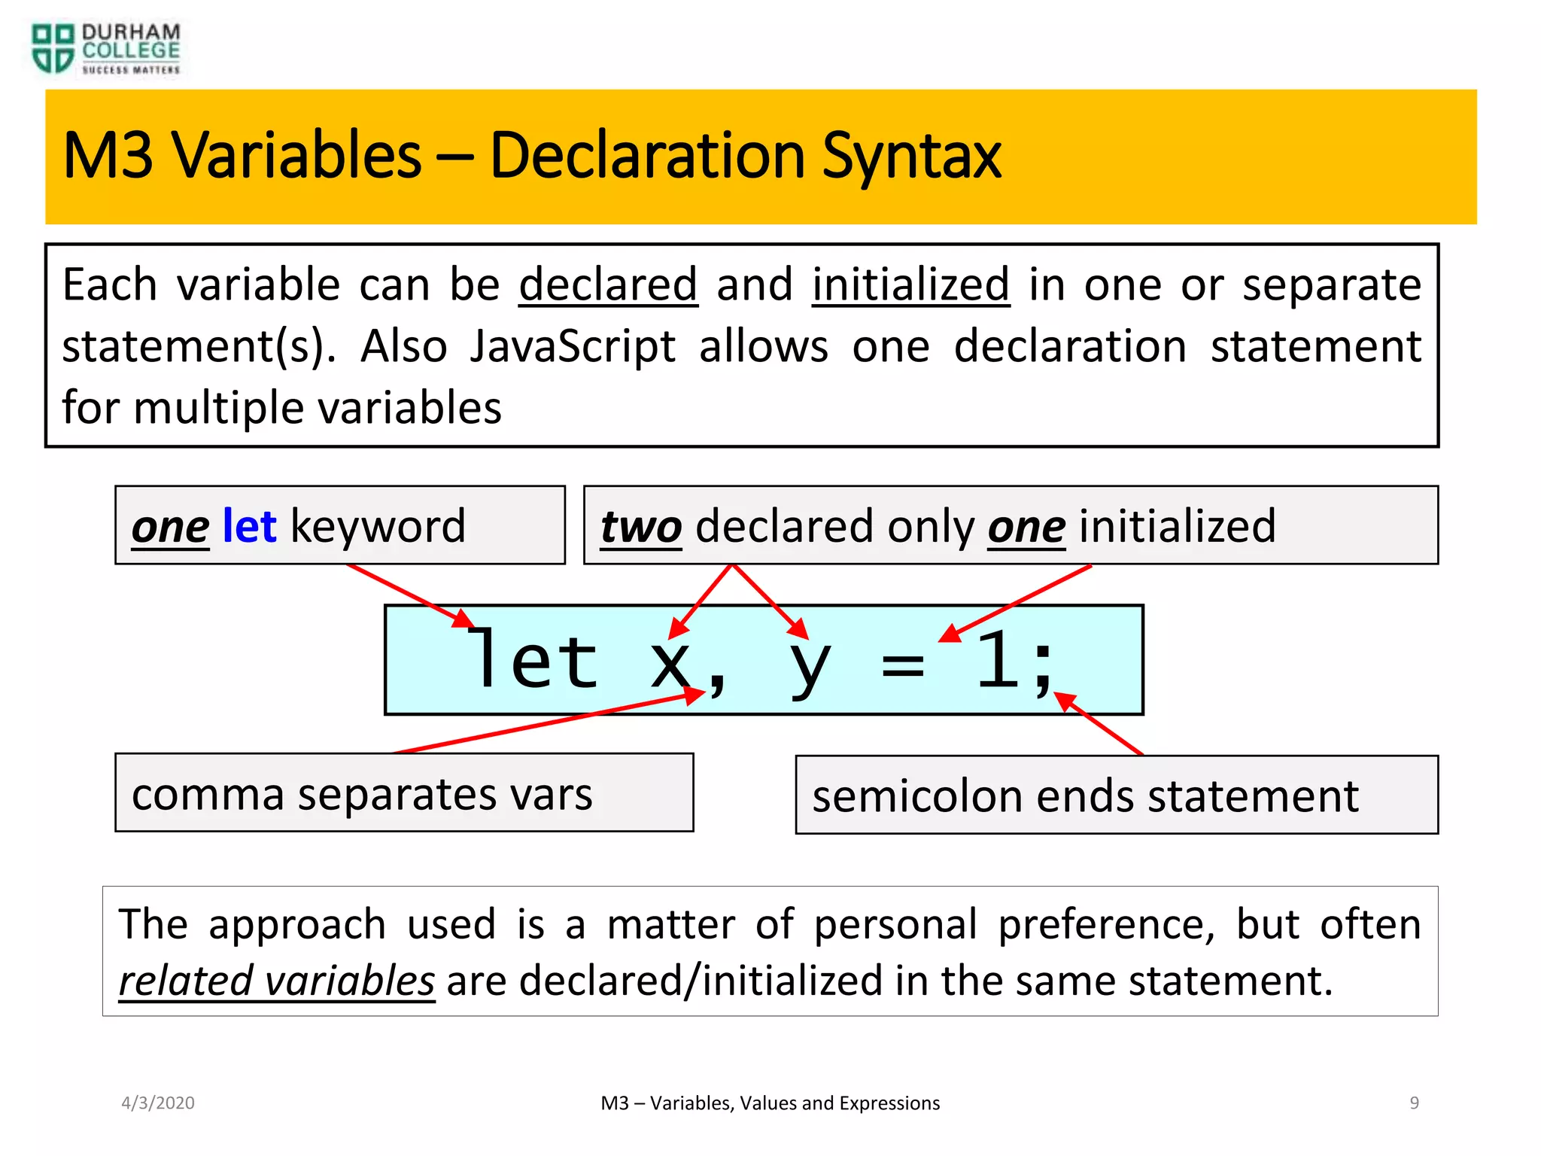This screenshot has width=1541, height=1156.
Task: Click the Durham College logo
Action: coord(105,49)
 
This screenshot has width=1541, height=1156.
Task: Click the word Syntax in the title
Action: coord(911,156)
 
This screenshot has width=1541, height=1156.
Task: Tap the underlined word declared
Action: coord(608,285)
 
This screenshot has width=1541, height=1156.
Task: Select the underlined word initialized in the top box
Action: coord(910,285)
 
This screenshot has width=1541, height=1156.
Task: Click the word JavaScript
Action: coord(573,347)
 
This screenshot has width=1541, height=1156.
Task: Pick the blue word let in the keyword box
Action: coord(250,526)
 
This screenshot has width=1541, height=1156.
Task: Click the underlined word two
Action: coord(641,526)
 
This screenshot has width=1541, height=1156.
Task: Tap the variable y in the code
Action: coord(810,667)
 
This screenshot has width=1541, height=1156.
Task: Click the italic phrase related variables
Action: coord(277,981)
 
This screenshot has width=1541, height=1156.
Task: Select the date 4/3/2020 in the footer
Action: coord(158,1103)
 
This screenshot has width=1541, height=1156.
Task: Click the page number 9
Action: coord(1414,1103)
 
